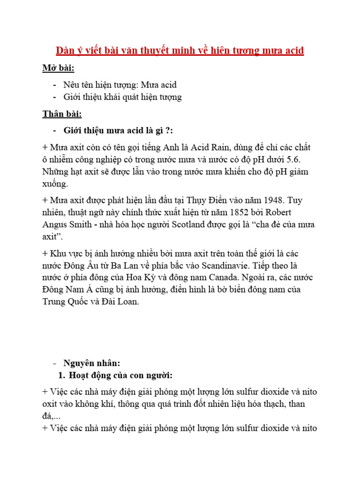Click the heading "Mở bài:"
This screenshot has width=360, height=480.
coord(58,68)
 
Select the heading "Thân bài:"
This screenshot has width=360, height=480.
coord(62,114)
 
